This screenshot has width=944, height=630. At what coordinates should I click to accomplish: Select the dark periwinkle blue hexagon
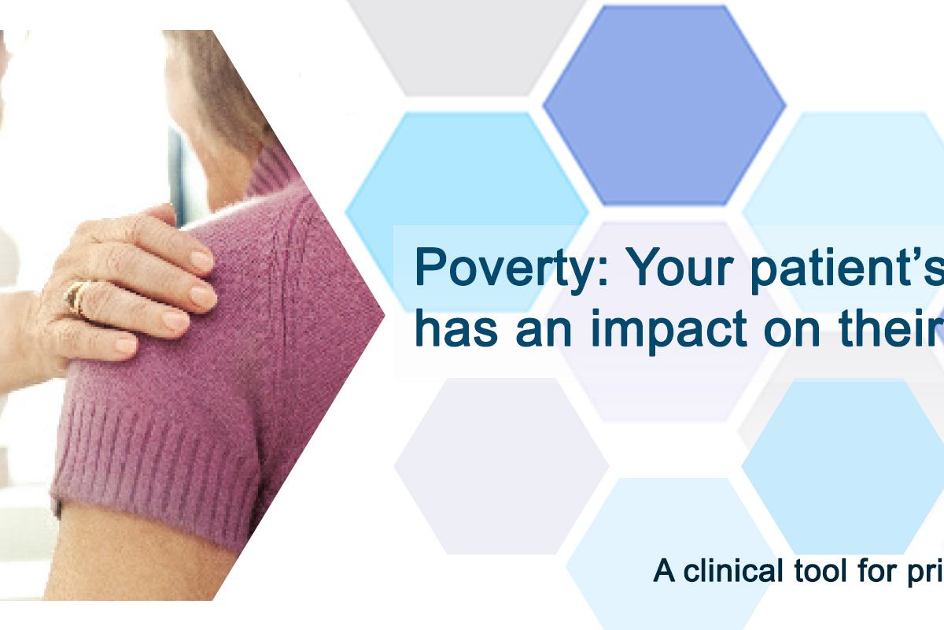click(x=664, y=106)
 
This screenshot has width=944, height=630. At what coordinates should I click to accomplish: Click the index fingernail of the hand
click(x=201, y=261)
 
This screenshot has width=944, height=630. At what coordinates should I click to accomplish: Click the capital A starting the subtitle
click(x=664, y=570)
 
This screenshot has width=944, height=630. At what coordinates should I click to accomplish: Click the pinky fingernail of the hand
click(x=127, y=345)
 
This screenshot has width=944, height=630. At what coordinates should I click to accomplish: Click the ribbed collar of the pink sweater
click(x=270, y=173)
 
